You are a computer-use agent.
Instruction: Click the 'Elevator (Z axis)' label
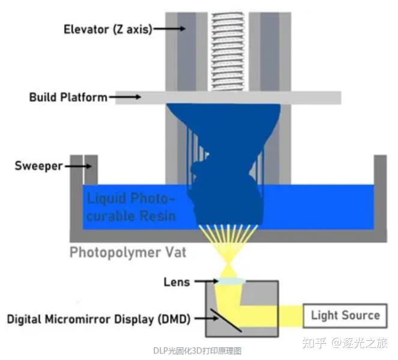pos(98,28)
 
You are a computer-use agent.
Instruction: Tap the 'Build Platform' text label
pos(68,97)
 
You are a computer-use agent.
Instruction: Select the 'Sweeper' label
pos(38,165)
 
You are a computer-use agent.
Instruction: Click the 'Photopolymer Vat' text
pos(127,251)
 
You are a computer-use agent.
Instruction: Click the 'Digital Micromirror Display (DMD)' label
pos(98,319)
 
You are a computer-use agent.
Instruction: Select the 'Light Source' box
pos(345,315)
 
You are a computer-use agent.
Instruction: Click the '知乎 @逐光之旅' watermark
pos(345,343)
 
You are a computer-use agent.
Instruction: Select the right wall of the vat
pos(380,195)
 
